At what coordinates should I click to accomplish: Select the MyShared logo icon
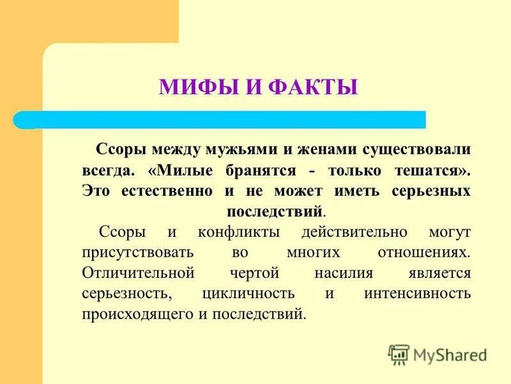[x=399, y=354]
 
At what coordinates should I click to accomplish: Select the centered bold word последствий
[x=275, y=211]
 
